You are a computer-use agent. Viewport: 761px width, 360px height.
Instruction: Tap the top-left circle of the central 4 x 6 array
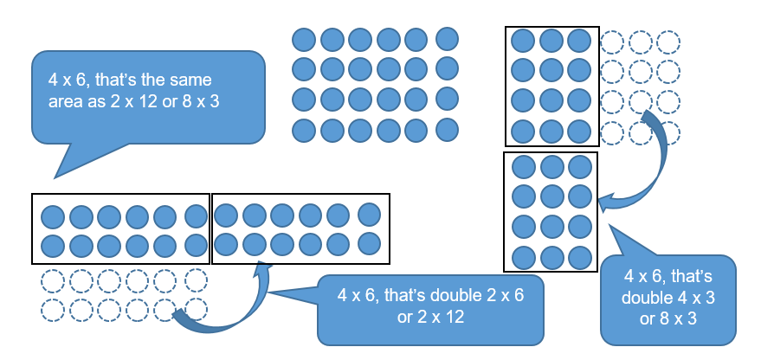coord(303,40)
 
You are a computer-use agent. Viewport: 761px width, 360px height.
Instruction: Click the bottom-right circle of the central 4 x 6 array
coord(446,131)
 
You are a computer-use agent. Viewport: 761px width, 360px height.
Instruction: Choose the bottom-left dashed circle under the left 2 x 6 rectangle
coord(52,309)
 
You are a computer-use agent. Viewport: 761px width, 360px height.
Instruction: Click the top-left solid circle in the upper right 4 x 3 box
coord(523,41)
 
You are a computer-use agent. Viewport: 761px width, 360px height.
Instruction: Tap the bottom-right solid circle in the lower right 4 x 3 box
coord(580,257)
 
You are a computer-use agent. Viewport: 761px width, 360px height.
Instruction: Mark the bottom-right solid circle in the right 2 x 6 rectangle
coord(370,241)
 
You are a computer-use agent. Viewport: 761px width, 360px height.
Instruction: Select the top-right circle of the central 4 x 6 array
coord(446,39)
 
